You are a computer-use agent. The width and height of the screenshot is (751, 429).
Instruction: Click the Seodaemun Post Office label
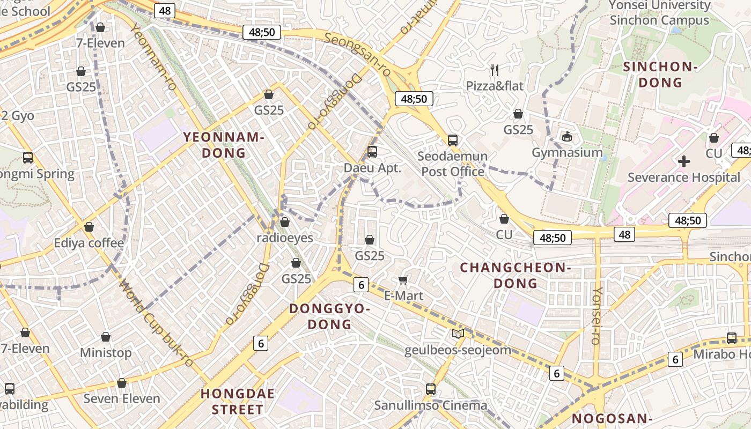(x=453, y=164)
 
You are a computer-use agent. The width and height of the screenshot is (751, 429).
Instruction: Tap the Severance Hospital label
(x=683, y=177)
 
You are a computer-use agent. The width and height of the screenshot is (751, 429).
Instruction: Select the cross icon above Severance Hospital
(x=683, y=161)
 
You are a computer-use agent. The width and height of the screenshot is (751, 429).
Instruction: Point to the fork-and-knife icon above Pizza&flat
(x=495, y=70)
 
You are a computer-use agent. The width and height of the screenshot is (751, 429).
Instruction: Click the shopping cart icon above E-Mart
(x=403, y=280)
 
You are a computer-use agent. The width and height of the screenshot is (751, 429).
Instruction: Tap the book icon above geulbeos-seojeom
(x=458, y=334)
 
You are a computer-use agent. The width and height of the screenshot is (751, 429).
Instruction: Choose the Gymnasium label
(x=567, y=152)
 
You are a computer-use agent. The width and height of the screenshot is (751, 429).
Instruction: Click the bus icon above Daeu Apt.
(x=372, y=152)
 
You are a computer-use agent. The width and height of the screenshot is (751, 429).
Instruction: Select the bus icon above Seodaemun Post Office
(x=453, y=140)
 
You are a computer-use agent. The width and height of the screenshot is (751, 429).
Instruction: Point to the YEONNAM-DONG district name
(x=224, y=145)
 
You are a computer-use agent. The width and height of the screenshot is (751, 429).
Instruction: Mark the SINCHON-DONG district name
(x=660, y=75)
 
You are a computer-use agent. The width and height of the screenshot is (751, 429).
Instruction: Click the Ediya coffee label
(x=89, y=243)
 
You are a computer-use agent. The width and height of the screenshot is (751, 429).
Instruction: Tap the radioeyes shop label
(x=285, y=238)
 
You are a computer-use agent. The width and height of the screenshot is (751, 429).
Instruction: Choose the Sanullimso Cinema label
(x=431, y=405)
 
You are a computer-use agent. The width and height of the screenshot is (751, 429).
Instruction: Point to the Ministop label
(x=106, y=353)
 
